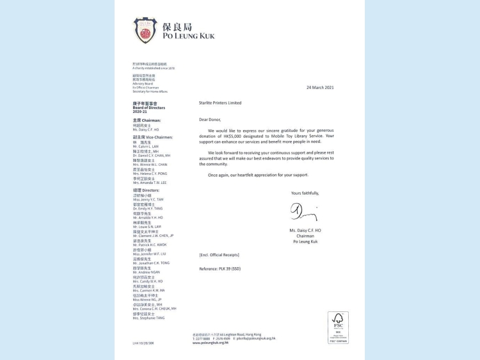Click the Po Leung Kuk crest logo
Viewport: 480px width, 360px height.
[145, 30]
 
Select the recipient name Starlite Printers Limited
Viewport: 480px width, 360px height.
[220, 102]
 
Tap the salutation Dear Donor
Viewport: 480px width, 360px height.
[209, 119]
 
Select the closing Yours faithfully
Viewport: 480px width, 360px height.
[305, 192]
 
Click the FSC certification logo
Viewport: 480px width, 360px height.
[338, 327]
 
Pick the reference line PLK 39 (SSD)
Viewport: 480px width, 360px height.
[221, 268]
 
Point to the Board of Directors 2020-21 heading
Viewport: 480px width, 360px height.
[144, 108]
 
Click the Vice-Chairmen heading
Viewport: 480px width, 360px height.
[149, 136]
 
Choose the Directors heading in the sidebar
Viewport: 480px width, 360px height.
[147, 190]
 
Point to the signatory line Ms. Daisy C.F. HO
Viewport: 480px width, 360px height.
[305, 230]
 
